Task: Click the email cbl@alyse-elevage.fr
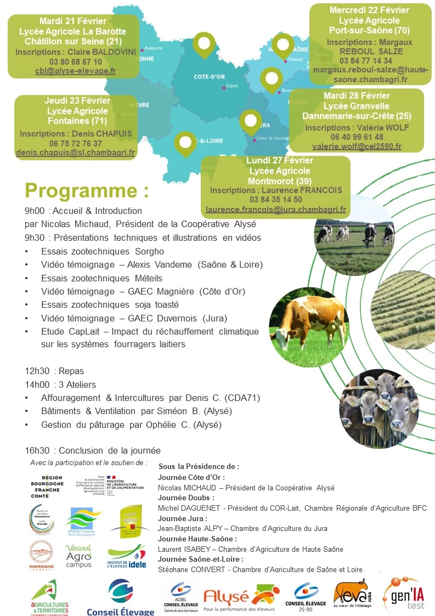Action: point(75,71)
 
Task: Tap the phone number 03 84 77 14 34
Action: point(366,61)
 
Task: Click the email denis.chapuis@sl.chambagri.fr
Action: point(76,152)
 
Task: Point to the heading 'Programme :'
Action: point(87,191)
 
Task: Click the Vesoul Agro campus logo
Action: point(79,556)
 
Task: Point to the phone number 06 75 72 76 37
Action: point(75,143)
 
